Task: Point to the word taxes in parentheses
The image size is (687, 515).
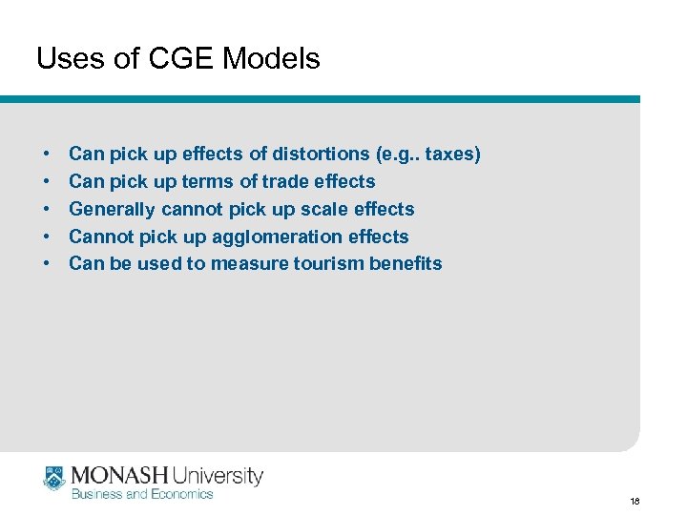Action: click(452, 154)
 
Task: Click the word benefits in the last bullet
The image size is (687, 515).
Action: click(407, 264)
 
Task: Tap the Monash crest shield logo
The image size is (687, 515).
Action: click(53, 479)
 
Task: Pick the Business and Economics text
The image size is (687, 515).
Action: click(143, 493)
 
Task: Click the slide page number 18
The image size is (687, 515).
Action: click(635, 501)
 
